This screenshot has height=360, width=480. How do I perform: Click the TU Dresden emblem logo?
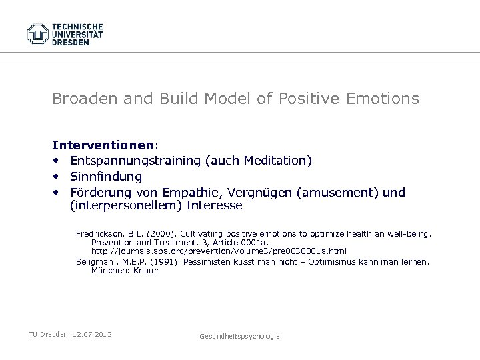(x=38, y=33)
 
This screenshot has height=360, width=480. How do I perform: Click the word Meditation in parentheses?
(x=271, y=161)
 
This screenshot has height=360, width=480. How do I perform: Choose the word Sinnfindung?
(x=106, y=176)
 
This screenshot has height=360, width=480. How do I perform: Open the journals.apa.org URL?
(x=219, y=252)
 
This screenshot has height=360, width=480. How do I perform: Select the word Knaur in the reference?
(x=146, y=270)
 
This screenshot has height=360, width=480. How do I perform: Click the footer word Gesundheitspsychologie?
(x=240, y=336)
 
